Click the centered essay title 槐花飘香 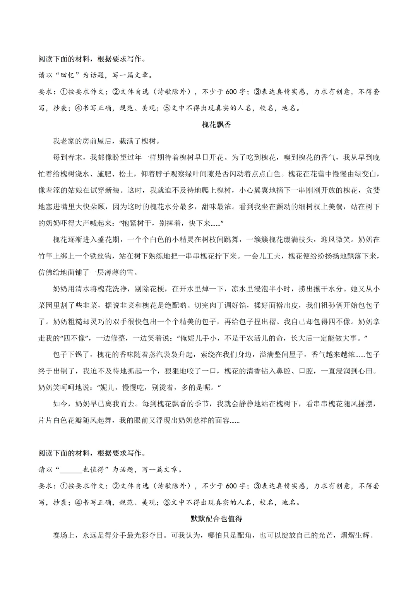[x=216, y=125]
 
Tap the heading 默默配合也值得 [x=216, y=519]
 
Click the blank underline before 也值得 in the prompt [x=71, y=469]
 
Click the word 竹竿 [x=46, y=256]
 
